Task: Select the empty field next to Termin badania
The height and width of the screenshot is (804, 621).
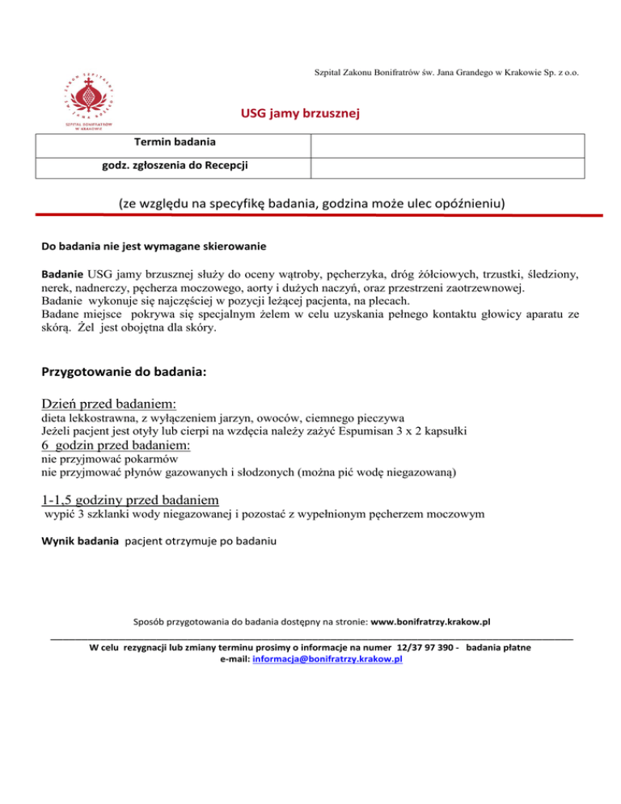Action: [x=447, y=145]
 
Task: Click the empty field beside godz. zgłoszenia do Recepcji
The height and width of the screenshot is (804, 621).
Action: [x=447, y=167]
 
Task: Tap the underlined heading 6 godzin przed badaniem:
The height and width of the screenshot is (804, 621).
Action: [x=116, y=445]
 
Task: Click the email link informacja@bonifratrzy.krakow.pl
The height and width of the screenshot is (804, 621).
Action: [x=327, y=660]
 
